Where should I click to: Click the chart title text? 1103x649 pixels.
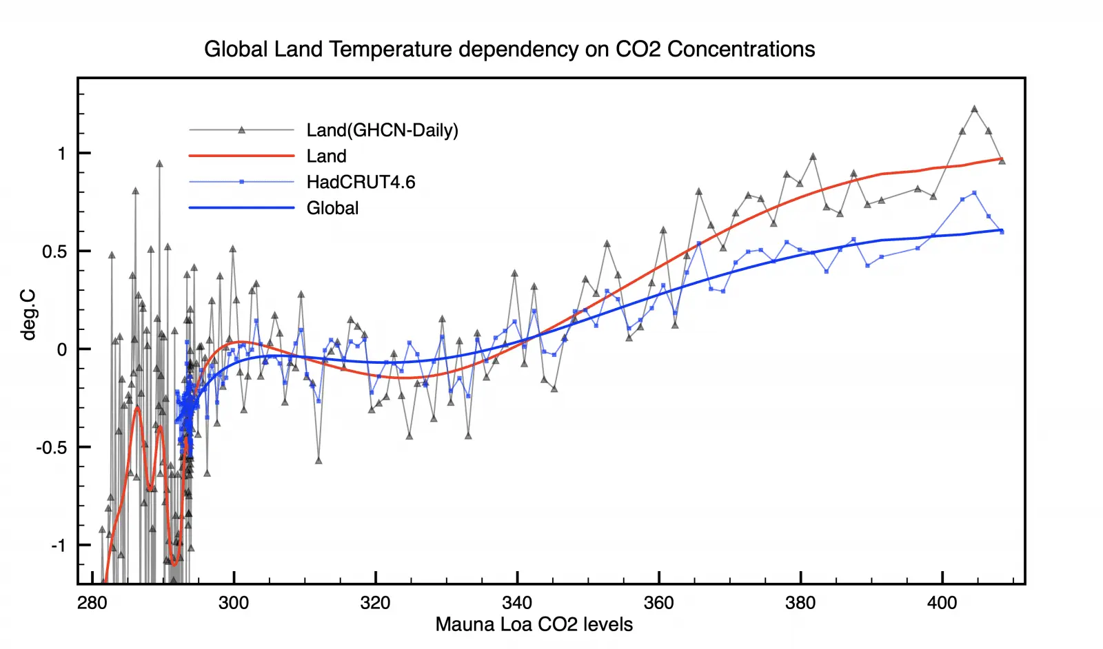point(509,50)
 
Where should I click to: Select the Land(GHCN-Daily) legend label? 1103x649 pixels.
point(382,130)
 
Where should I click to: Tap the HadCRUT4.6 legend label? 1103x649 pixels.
point(361,182)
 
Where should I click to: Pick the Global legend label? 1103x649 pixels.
point(332,208)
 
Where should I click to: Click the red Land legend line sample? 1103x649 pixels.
point(241,156)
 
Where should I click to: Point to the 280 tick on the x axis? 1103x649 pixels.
point(92,603)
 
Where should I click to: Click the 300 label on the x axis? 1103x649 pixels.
point(234,603)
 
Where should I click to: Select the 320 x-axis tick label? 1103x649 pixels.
point(375,603)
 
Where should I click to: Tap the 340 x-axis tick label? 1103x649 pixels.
point(517,603)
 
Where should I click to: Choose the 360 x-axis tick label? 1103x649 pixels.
point(658,603)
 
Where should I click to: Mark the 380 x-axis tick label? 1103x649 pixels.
point(800,603)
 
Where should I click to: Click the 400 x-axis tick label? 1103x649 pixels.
point(942,603)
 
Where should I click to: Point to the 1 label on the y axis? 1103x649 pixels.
point(62,154)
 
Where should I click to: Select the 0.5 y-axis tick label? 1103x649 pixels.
point(54,251)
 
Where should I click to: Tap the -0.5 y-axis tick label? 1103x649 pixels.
point(52,448)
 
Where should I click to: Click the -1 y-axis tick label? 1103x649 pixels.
point(59,546)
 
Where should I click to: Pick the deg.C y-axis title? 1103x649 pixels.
point(28,314)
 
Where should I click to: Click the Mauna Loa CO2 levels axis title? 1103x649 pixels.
point(534,625)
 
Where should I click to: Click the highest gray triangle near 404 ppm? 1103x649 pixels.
point(974,109)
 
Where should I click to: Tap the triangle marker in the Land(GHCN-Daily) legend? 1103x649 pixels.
point(241,130)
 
